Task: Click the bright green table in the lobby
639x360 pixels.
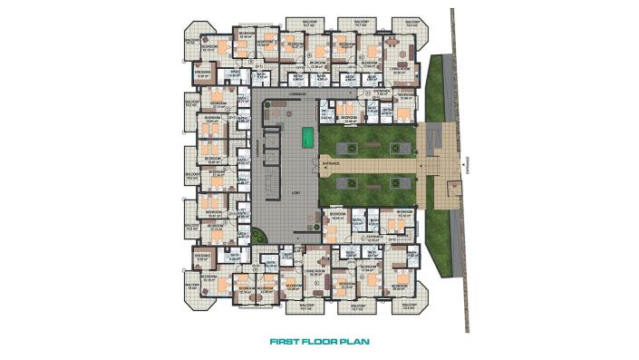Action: click(x=308, y=138)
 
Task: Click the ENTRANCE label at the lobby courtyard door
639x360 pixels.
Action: click(x=330, y=164)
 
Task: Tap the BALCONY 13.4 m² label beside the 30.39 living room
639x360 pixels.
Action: click(x=412, y=25)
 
